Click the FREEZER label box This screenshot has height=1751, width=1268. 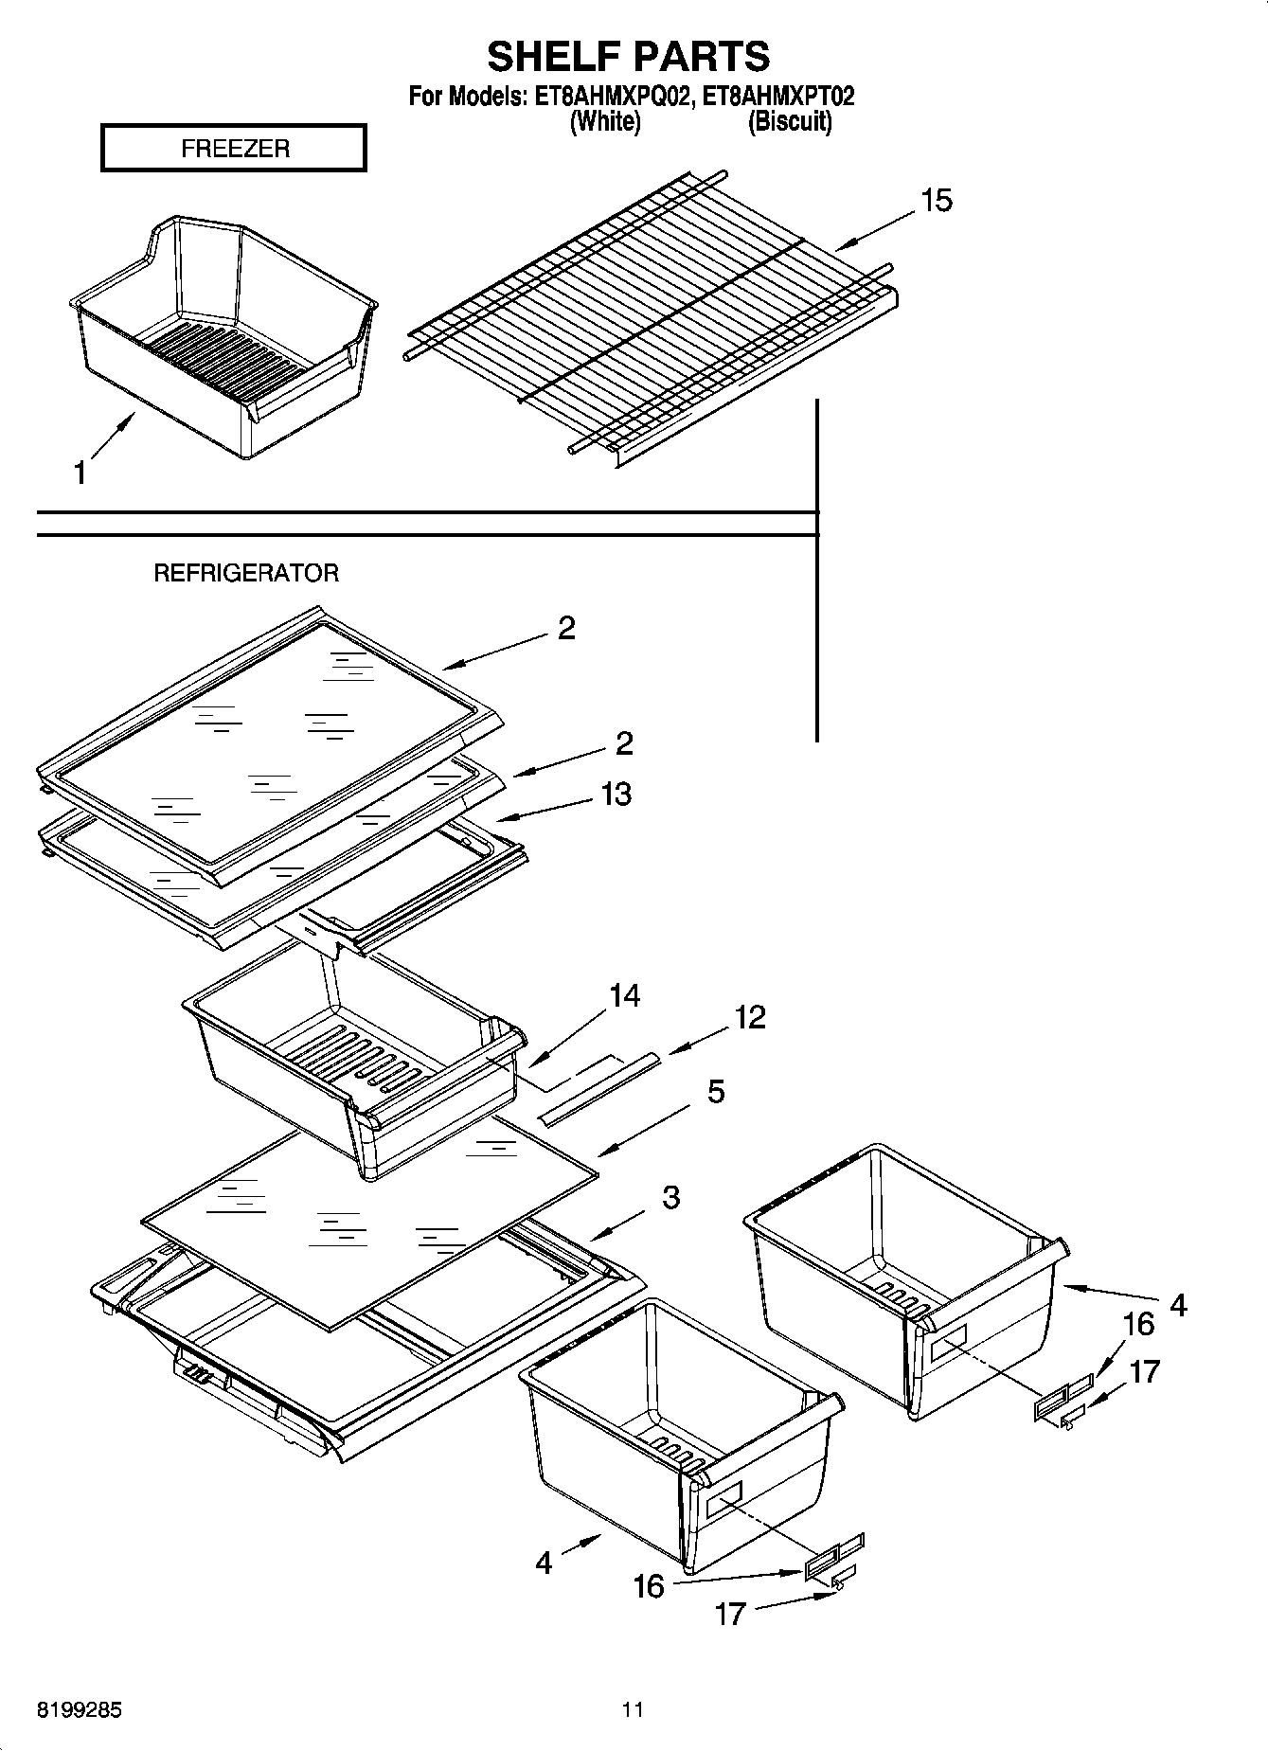(234, 149)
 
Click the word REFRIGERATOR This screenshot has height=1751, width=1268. (246, 573)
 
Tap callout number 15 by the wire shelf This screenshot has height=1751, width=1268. (936, 201)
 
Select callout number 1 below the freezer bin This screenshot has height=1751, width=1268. (80, 473)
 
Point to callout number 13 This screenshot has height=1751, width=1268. (616, 794)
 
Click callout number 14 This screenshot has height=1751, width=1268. (624, 995)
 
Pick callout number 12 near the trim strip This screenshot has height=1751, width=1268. (749, 1017)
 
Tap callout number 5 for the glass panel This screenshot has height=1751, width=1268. (716, 1091)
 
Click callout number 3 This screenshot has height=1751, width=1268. (670, 1197)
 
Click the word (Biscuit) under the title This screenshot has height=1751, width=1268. (790, 121)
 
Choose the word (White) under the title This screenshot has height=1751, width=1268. (604, 121)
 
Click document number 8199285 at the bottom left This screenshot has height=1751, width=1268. (79, 1709)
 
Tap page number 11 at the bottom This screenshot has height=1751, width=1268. (633, 1709)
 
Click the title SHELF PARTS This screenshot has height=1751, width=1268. (629, 57)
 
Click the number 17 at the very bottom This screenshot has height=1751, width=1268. (730, 1614)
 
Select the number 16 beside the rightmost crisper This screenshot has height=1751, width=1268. (1138, 1323)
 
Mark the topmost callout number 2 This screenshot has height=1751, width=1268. (566, 628)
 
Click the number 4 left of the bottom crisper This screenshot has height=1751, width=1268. (544, 1562)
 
